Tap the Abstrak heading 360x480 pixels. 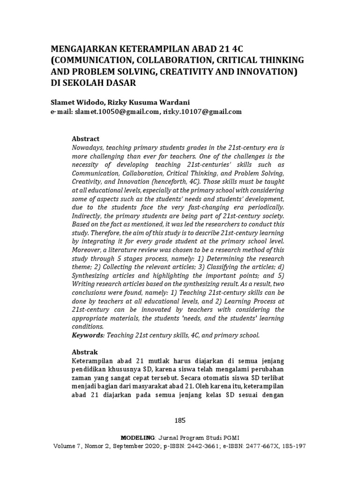pyautogui.click(x=85, y=351)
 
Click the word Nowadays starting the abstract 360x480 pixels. pyautogui.click(x=88, y=147)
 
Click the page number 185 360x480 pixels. pyautogui.click(x=180, y=420)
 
